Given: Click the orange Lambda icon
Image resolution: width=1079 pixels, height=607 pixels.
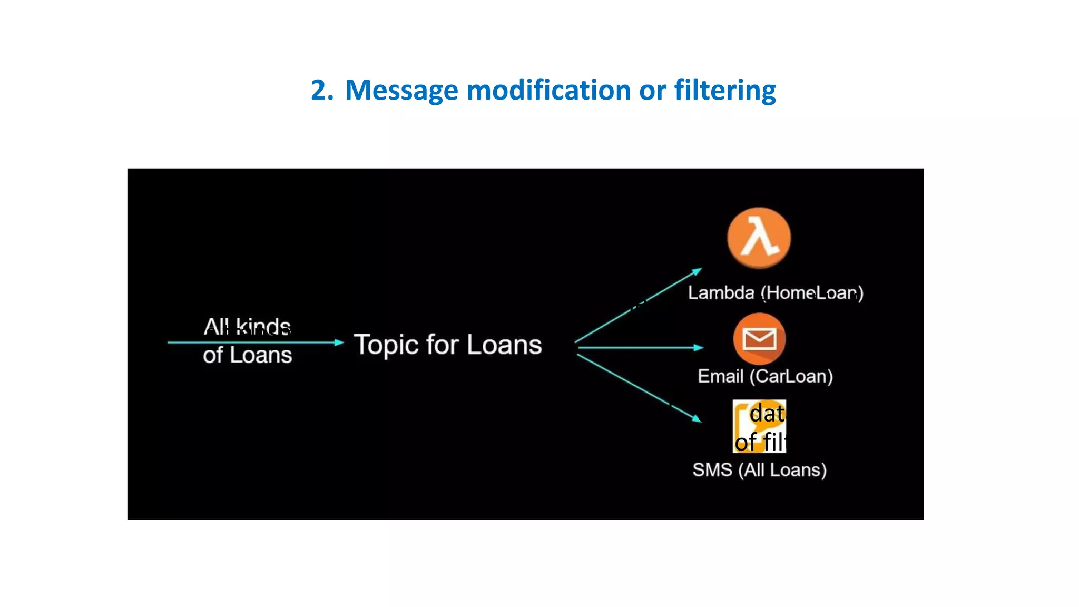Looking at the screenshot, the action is tap(759, 238).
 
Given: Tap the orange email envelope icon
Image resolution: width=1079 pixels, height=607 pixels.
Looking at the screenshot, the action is tap(759, 339).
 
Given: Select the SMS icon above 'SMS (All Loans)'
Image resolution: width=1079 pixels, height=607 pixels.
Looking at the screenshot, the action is tap(759, 426).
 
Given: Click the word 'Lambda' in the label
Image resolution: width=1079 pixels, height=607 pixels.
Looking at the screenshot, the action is tap(721, 292).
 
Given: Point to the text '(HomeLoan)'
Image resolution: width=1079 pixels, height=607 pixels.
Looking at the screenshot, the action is tap(812, 292).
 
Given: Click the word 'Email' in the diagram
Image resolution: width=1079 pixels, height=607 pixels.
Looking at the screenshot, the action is tap(720, 376).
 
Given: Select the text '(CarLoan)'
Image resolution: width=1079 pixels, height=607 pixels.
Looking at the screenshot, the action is tap(791, 376).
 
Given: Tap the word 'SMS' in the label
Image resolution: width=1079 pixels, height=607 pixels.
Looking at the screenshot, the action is tap(712, 469).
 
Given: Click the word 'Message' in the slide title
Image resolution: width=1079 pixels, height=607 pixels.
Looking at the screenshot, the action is tap(401, 90).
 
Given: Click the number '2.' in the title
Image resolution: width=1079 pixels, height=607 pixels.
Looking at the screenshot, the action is tap(322, 90).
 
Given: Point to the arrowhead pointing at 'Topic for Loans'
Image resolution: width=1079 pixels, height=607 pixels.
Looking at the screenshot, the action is tap(339, 342).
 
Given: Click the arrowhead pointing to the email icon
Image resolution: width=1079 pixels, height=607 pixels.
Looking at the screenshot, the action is tap(699, 348).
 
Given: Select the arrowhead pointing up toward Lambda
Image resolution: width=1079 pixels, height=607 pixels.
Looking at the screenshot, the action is tap(697, 271).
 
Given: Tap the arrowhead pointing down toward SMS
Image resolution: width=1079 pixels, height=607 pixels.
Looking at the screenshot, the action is tap(697, 419).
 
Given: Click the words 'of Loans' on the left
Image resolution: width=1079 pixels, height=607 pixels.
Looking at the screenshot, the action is tap(247, 355).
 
